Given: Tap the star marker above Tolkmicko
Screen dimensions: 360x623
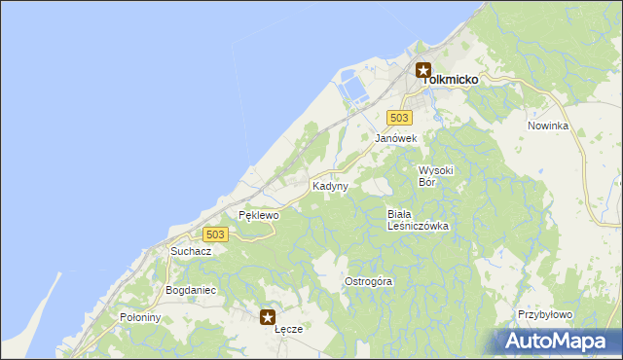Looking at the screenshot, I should click(423, 70).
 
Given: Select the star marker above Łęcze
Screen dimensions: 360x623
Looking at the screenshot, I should click(268, 316).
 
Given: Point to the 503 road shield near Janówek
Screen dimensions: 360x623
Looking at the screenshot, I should click(398, 118).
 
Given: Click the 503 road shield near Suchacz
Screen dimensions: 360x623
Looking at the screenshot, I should click(216, 234).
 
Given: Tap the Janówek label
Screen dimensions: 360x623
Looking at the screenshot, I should click(396, 139).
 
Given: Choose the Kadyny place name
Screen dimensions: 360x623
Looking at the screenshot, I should click(329, 186).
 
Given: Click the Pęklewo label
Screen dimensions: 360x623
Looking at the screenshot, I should click(259, 215).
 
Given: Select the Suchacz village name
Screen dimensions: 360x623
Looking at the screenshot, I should click(191, 251).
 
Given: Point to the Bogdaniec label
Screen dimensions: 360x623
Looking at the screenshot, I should click(191, 291).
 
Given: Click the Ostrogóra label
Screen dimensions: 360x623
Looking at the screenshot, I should click(369, 282).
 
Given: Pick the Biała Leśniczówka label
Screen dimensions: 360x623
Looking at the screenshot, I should click(417, 220).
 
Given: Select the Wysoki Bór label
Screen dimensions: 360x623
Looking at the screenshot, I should click(436, 176).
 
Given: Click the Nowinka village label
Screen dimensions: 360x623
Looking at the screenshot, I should click(547, 126).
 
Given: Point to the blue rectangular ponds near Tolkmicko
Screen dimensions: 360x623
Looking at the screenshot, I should click(352, 90).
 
